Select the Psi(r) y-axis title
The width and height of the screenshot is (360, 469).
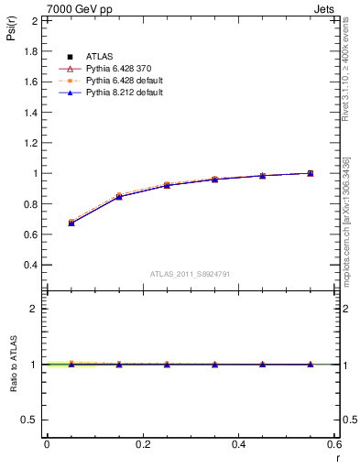pos(11,34)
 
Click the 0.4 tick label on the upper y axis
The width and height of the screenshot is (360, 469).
pos(32,265)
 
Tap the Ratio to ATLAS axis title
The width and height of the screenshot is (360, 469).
pos(12,364)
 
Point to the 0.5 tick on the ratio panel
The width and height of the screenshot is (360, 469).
pos(32,420)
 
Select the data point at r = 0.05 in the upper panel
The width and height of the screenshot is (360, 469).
pos(71,223)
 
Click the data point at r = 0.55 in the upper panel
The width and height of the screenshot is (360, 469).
pos(311,173)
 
